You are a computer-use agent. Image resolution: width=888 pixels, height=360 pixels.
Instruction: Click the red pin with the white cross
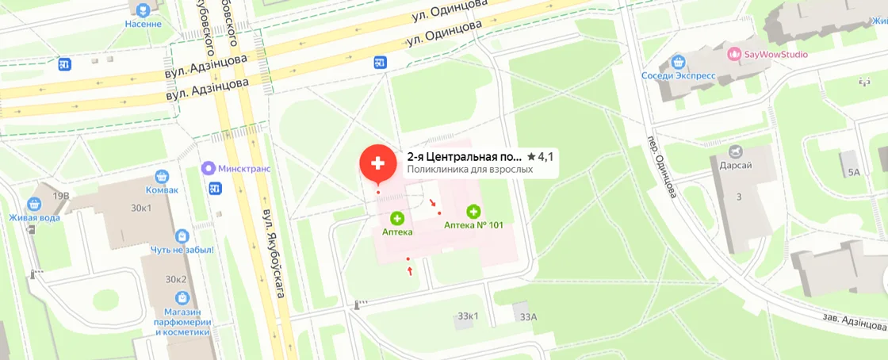click(378, 163)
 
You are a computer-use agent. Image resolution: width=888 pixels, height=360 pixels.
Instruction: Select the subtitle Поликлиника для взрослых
click(469, 169)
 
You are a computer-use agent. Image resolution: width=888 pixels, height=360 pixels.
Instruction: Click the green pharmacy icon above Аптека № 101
click(474, 211)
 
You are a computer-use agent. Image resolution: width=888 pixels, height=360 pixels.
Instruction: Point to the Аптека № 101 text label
click(473, 225)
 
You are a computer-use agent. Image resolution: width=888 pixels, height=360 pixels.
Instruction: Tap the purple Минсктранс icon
click(208, 168)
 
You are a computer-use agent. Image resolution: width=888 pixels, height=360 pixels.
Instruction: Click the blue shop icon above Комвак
click(163, 177)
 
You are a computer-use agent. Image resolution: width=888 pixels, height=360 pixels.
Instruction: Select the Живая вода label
click(35, 218)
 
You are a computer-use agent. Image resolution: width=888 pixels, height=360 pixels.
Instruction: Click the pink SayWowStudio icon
click(734, 54)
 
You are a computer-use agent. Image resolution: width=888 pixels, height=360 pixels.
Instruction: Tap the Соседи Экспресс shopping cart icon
click(677, 62)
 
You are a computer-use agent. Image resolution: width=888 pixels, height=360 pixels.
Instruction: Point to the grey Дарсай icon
click(736, 151)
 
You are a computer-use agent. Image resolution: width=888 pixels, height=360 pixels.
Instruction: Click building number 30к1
click(142, 209)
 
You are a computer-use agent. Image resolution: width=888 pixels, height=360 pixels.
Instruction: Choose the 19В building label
click(62, 195)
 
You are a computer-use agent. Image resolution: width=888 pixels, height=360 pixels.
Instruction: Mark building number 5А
click(854, 172)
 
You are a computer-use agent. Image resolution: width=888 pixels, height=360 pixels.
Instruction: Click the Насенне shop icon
click(143, 10)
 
